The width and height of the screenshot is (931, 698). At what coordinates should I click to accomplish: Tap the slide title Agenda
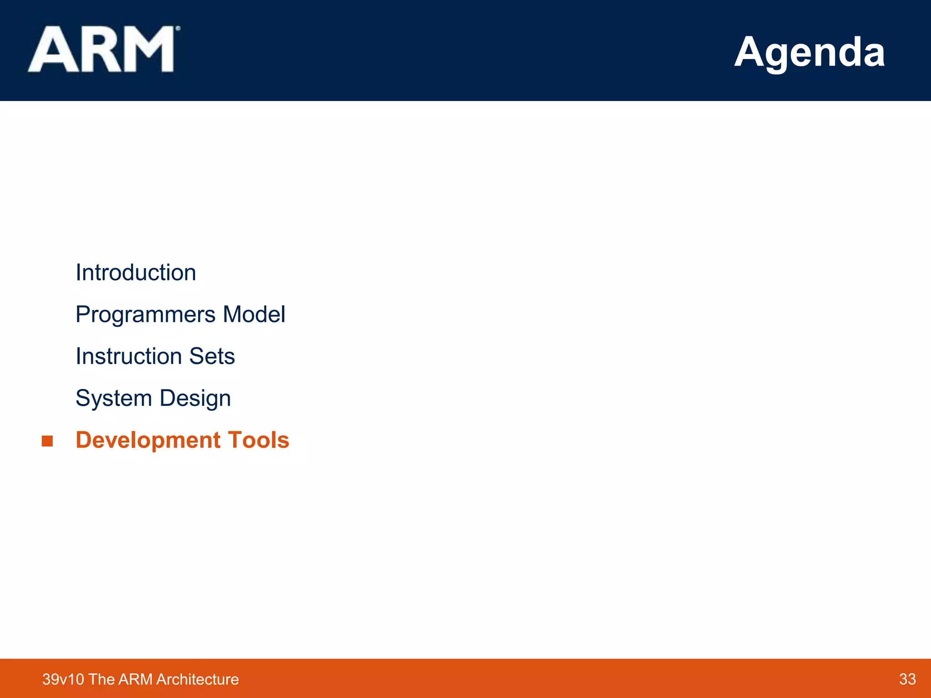[809, 52]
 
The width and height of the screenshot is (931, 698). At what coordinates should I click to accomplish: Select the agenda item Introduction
[135, 273]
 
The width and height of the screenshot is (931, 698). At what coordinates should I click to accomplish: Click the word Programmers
[145, 314]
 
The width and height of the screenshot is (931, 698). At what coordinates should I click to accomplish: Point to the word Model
[254, 314]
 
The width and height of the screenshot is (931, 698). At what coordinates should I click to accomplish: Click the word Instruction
[129, 356]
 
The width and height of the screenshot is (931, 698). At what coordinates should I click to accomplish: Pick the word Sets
[212, 356]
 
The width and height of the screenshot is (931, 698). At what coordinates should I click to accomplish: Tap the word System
[114, 399]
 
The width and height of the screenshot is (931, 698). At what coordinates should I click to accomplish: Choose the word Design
[195, 399]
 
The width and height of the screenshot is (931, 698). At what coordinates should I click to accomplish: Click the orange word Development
[148, 440]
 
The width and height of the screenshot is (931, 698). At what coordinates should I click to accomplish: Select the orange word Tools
[259, 440]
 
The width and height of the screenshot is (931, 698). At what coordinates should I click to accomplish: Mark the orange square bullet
[47, 441]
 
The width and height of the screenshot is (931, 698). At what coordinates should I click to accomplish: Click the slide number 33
[907, 679]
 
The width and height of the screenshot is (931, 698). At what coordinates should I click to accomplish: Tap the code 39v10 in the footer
[63, 679]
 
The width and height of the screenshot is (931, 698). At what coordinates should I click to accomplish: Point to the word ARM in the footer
[135, 679]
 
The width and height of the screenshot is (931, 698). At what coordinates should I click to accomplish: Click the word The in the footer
[101, 679]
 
